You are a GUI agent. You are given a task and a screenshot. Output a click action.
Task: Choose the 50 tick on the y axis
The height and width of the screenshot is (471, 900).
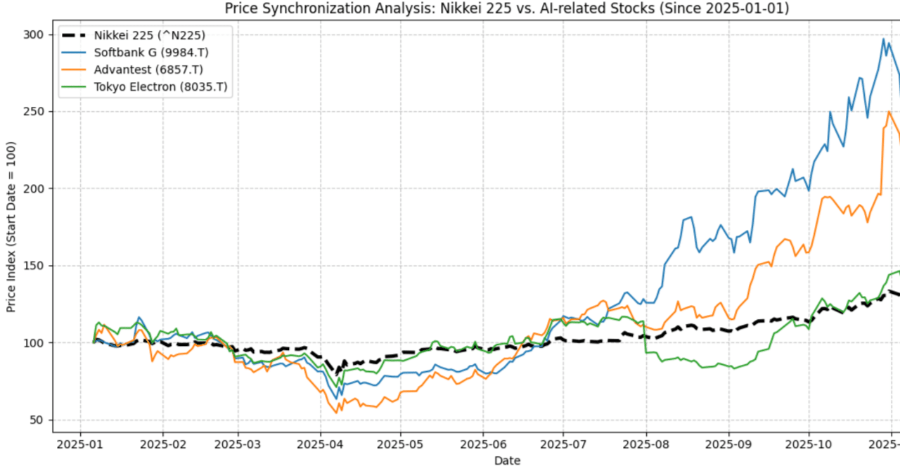37,420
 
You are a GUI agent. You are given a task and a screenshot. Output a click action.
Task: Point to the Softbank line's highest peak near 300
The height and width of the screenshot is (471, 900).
884,39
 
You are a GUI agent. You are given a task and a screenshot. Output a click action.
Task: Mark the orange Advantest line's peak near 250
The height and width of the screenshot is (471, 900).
889,111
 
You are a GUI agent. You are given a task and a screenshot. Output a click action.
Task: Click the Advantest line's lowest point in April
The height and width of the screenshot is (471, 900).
336,413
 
